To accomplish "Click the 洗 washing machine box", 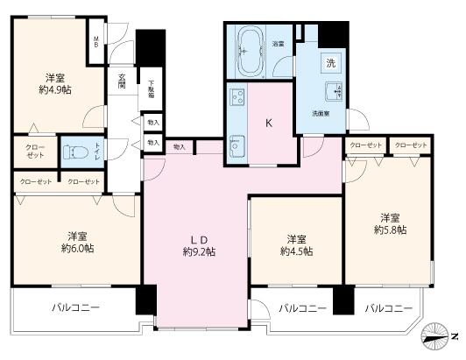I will coord(330,63).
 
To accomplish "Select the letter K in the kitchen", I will coord(270,124).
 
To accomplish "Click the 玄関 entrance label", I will coord(124,86).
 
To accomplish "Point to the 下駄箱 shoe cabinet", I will coord(151,89).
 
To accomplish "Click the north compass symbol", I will coord(437,335).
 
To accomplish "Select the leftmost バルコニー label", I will coord(74,307).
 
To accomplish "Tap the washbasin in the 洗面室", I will coord(335,95).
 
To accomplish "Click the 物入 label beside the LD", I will coord(179,146).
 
